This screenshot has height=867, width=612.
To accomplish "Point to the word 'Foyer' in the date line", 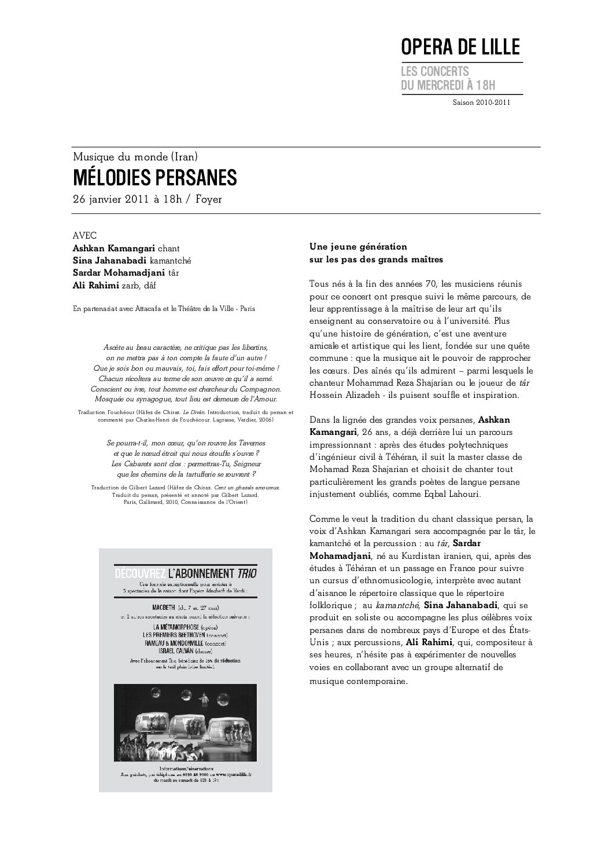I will (208, 199).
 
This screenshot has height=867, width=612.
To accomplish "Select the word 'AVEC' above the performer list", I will (85, 235).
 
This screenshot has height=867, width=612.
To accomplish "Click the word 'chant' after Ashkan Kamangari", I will (176, 247).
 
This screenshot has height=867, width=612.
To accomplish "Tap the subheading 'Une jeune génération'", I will (359, 247).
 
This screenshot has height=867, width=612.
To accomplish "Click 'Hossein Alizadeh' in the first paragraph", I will (344, 396).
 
